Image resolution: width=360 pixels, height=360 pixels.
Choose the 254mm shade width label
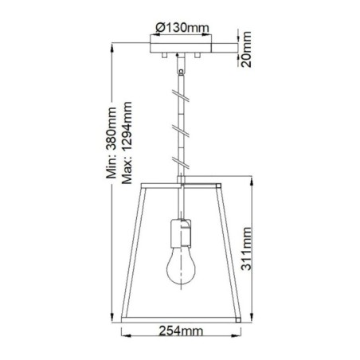[x=180, y=329]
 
